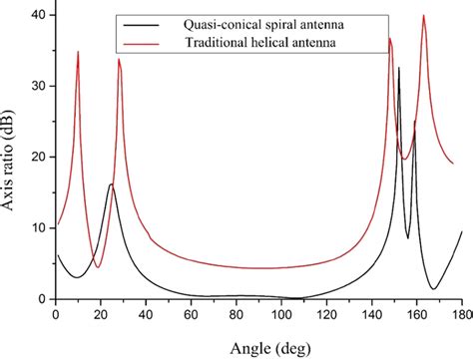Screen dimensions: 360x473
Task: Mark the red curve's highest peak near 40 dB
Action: point(424,16)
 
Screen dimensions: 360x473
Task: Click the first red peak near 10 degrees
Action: point(78,52)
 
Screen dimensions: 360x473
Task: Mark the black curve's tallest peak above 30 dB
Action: point(399,68)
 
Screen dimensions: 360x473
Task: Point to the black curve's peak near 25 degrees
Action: point(111,184)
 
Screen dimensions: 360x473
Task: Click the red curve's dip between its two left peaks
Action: point(98,267)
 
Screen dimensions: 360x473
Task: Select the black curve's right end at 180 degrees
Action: point(462,231)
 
